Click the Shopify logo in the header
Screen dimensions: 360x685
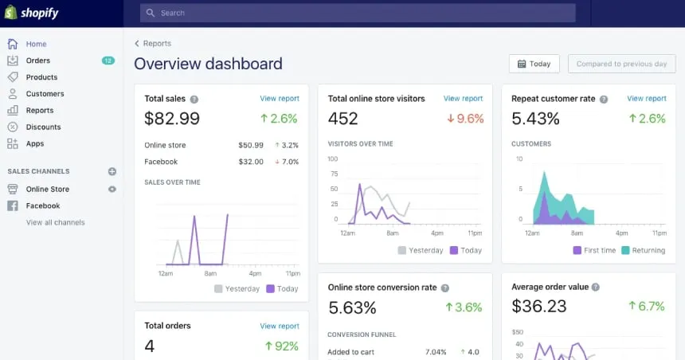(32, 14)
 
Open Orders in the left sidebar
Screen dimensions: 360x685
(37, 61)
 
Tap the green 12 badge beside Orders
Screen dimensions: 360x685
(108, 61)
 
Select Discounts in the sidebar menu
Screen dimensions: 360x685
(43, 127)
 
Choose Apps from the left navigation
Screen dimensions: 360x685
(35, 144)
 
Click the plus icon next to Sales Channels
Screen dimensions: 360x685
(112, 171)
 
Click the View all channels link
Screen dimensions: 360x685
(55, 223)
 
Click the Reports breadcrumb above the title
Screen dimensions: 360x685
(157, 44)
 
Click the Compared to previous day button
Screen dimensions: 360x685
(621, 64)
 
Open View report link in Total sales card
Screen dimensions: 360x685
(280, 99)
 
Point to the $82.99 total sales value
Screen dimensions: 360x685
(172, 119)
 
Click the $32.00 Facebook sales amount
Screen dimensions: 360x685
(251, 162)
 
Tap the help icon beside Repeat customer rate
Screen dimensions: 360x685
(604, 100)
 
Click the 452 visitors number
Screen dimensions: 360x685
(343, 119)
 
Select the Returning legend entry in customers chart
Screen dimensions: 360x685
(643, 250)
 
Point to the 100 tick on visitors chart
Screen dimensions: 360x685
(333, 159)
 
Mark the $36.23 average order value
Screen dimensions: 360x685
(539, 307)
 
